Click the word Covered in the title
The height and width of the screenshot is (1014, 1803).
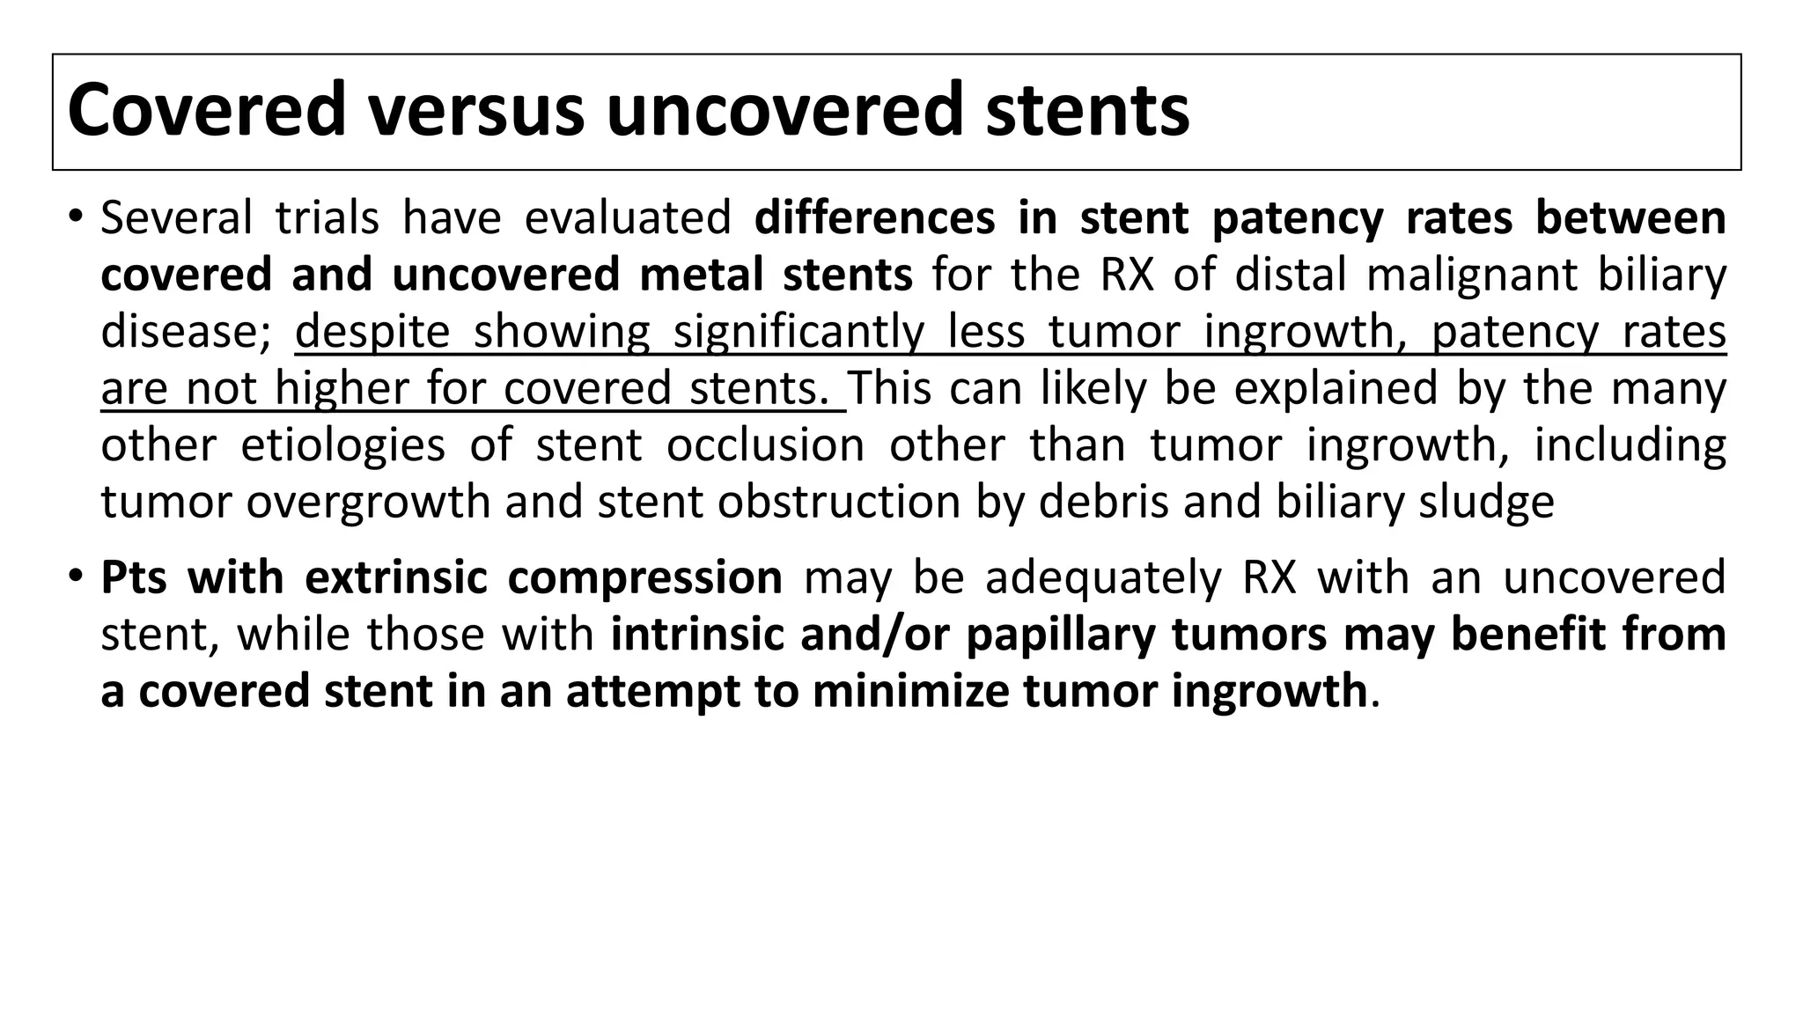click(206, 111)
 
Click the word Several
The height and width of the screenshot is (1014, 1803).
click(176, 218)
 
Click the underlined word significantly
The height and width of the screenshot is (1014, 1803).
click(798, 332)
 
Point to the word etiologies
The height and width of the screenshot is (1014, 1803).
click(343, 445)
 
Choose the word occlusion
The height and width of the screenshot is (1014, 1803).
click(765, 445)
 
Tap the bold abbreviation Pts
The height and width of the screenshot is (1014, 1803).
click(134, 578)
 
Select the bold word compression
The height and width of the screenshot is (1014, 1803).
click(645, 578)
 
